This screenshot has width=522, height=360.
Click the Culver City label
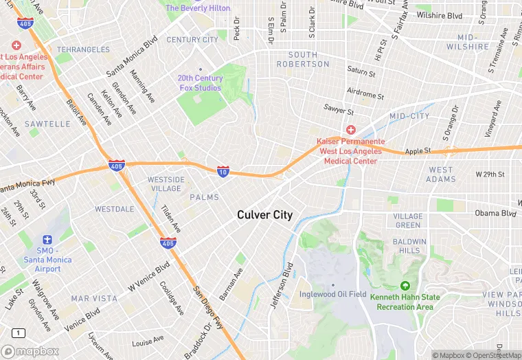point(264,215)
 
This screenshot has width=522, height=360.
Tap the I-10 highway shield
point(223,171)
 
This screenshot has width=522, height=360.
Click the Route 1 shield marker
point(18,333)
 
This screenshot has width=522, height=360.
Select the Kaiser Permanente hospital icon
point(351,130)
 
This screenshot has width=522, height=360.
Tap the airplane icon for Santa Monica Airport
point(47,240)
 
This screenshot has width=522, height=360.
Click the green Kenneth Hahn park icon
point(405,286)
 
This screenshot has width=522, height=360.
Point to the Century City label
point(192,40)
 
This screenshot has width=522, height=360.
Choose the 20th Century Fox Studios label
point(200,82)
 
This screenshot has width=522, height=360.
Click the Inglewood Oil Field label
point(333,295)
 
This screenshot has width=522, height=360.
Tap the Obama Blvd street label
point(495,213)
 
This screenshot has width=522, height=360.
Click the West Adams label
point(440,175)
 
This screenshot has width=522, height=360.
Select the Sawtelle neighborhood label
point(47,124)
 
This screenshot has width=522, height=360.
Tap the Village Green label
point(407,221)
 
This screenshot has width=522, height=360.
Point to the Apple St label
point(418,150)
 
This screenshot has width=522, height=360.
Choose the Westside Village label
point(166,184)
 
